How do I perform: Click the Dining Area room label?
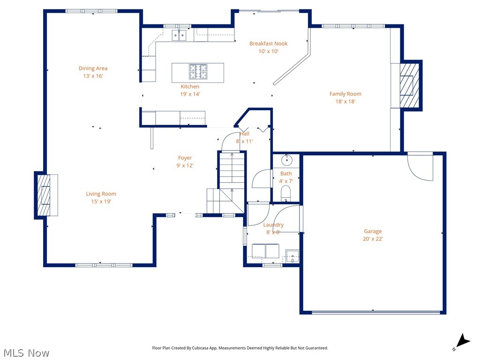pyautogui.click(x=93, y=68)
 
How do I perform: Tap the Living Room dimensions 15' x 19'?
pyautogui.click(x=101, y=202)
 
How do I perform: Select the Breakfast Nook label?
pyautogui.click(x=268, y=44)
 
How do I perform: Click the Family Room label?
pyautogui.click(x=345, y=94)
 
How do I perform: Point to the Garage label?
pyautogui.click(x=373, y=231)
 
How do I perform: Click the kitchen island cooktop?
pyautogui.click(x=198, y=72)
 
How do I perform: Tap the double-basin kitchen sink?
pyautogui.click(x=179, y=35)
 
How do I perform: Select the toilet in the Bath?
pyautogui.click(x=285, y=192)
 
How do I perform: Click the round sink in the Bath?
pyautogui.click(x=286, y=160)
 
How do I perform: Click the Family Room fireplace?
pyautogui.click(x=408, y=85)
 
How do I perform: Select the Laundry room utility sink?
pyautogui.click(x=292, y=256)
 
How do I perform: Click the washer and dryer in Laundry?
pyautogui.click(x=265, y=251)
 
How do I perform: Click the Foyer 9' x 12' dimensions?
pyautogui.click(x=185, y=165)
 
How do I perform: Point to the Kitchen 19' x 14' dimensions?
pyautogui.click(x=190, y=94)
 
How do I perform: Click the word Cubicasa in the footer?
pyautogui.click(x=211, y=348)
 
